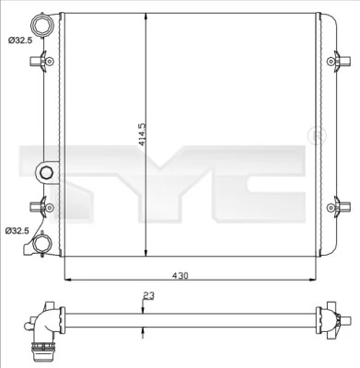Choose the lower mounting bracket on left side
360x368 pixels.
pos(39,206)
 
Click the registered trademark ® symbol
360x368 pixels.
pos(318,136)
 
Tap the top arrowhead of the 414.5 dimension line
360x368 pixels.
pos(145,18)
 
